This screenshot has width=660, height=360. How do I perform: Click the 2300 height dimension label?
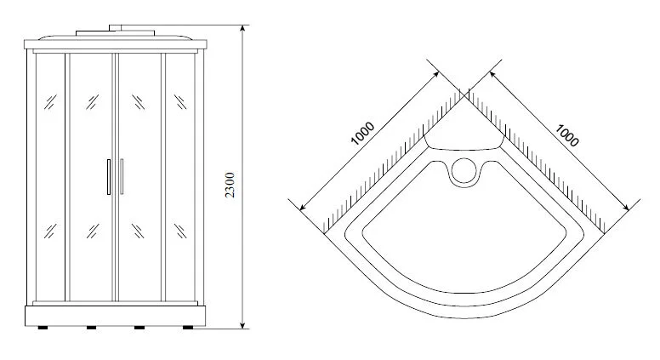(230, 185)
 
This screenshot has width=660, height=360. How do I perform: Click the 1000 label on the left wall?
(362, 133)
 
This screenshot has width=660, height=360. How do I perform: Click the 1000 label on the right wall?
(566, 135)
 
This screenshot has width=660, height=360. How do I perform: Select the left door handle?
(109, 177)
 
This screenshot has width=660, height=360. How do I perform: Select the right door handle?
(122, 176)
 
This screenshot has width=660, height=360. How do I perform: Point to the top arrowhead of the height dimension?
(242, 28)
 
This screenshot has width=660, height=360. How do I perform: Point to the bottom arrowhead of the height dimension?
(242, 324)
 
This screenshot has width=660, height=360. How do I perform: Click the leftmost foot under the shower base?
(43, 328)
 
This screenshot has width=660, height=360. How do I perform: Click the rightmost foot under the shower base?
(188, 328)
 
